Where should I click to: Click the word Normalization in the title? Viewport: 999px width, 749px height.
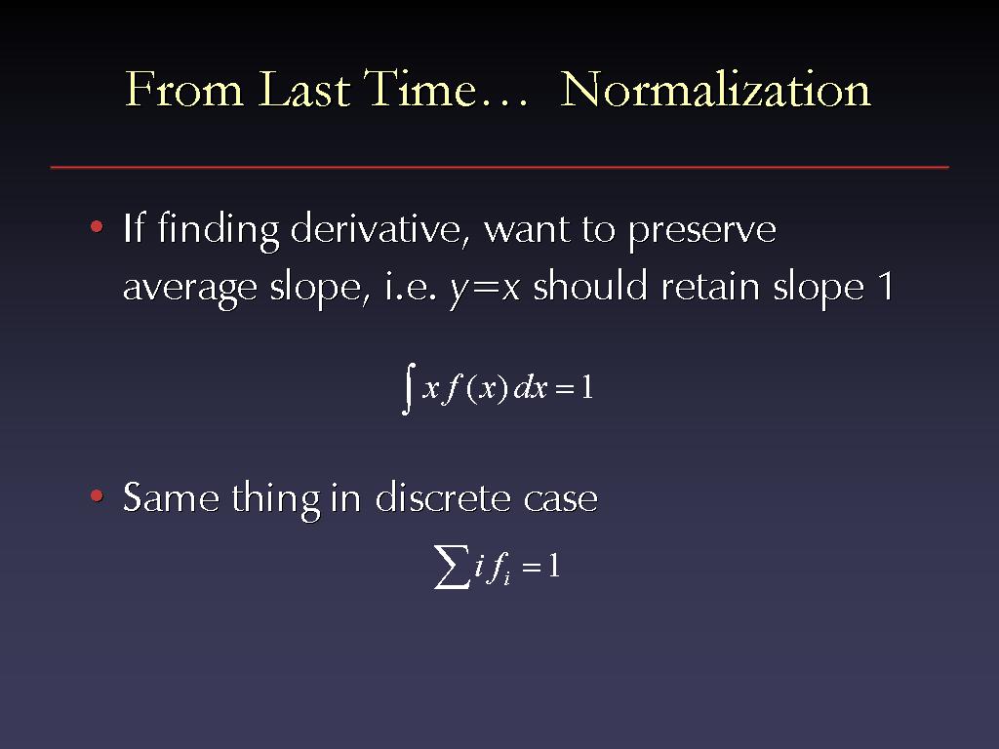click(x=715, y=89)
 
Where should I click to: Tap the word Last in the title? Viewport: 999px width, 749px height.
click(x=304, y=89)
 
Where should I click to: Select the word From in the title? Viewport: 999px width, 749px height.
click(x=184, y=89)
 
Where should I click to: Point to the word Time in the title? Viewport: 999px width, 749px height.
click(x=420, y=89)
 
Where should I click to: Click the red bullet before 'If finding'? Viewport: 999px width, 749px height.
click(x=97, y=226)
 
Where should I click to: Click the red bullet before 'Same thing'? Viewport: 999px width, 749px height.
click(x=97, y=495)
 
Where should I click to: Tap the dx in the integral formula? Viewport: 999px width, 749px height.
click(x=531, y=387)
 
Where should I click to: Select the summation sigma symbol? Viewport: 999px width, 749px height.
click(x=452, y=567)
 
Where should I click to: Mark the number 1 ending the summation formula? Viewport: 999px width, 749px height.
click(x=553, y=566)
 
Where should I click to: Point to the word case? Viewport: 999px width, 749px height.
click(x=561, y=499)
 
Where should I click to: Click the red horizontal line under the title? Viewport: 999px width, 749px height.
click(x=499, y=167)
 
